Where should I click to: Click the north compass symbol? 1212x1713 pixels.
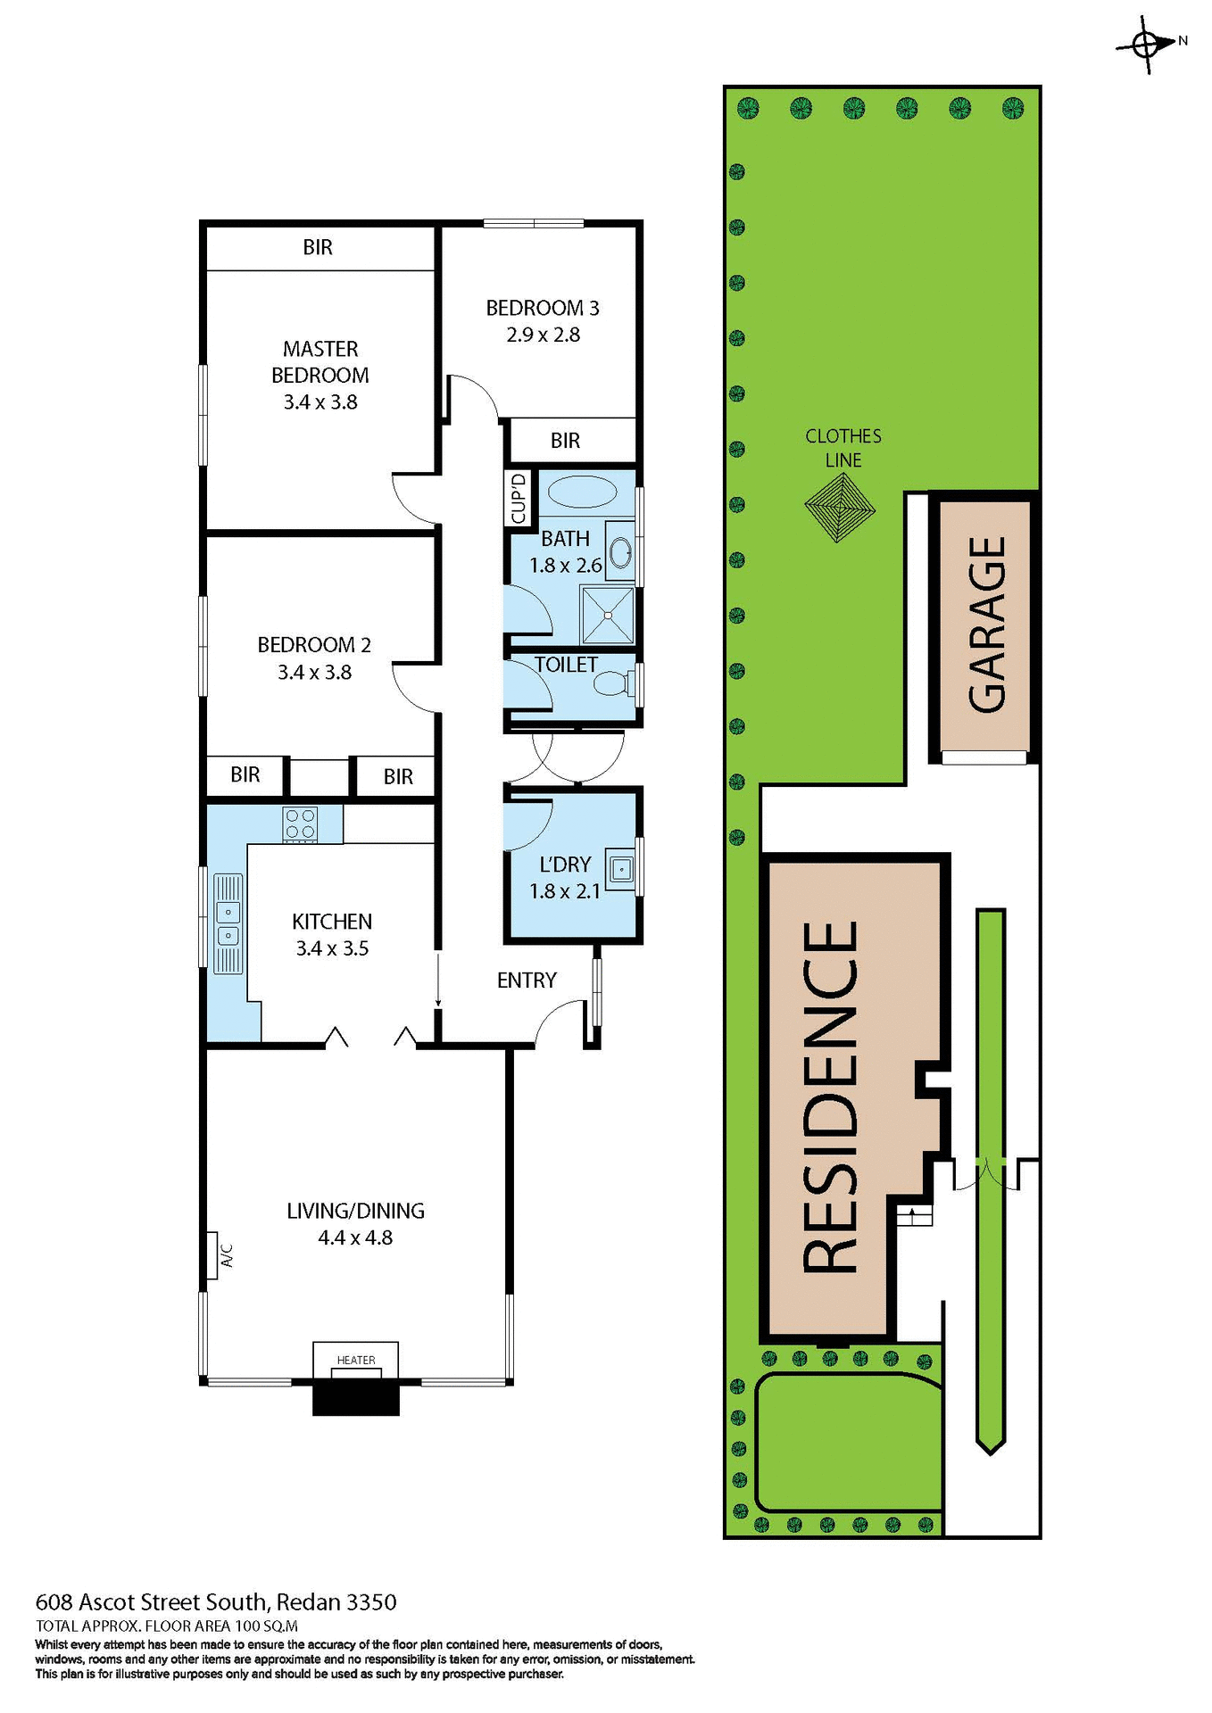1146,43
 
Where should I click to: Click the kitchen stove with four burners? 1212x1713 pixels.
300,824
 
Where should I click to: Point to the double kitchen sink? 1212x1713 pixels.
228,923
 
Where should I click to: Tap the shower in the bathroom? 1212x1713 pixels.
607,615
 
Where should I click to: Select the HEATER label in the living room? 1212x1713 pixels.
356,1360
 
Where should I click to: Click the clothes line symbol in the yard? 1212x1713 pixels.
839,508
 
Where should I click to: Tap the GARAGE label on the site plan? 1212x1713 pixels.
987,625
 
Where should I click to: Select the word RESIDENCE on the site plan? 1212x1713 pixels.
830,1097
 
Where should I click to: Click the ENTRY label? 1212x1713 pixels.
527,981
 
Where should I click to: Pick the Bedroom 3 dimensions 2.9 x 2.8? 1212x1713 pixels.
543,335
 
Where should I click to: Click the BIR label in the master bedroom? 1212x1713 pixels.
318,247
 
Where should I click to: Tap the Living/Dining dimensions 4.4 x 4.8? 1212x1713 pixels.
355,1237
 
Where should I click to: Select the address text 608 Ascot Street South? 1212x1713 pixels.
152,1601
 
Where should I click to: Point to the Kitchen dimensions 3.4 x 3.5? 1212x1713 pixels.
332,948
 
